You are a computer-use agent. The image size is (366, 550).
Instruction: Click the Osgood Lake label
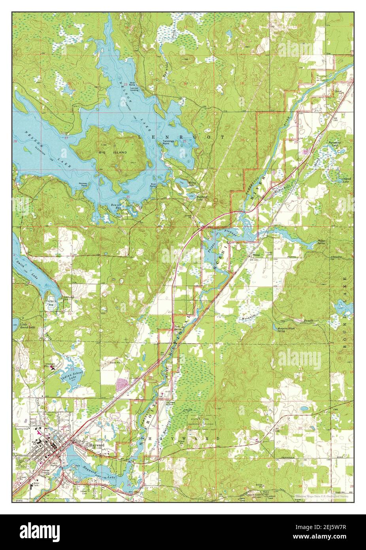(x=347, y=179)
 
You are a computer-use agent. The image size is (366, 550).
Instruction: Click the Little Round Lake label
(x=27, y=326)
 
